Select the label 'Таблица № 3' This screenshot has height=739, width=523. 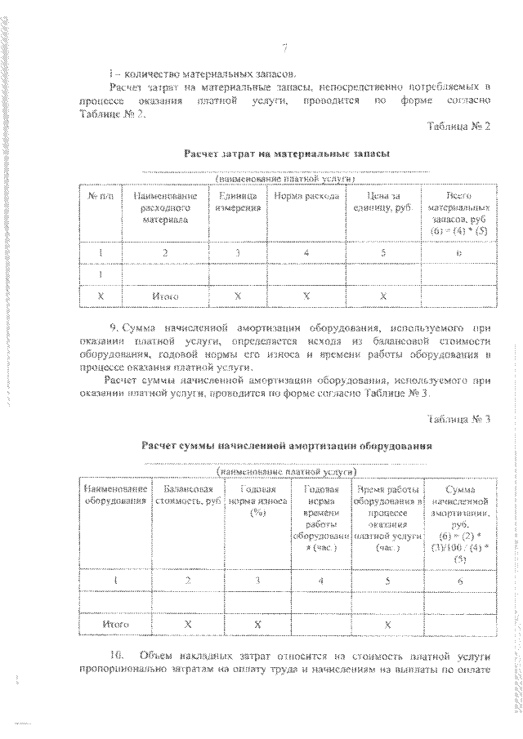tap(458, 420)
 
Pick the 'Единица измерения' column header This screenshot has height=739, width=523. tap(238, 203)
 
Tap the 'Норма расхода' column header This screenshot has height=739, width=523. tap(305, 197)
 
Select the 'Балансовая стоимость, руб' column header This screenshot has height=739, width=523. tap(187, 494)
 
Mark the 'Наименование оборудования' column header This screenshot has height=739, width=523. tap(116, 494)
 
